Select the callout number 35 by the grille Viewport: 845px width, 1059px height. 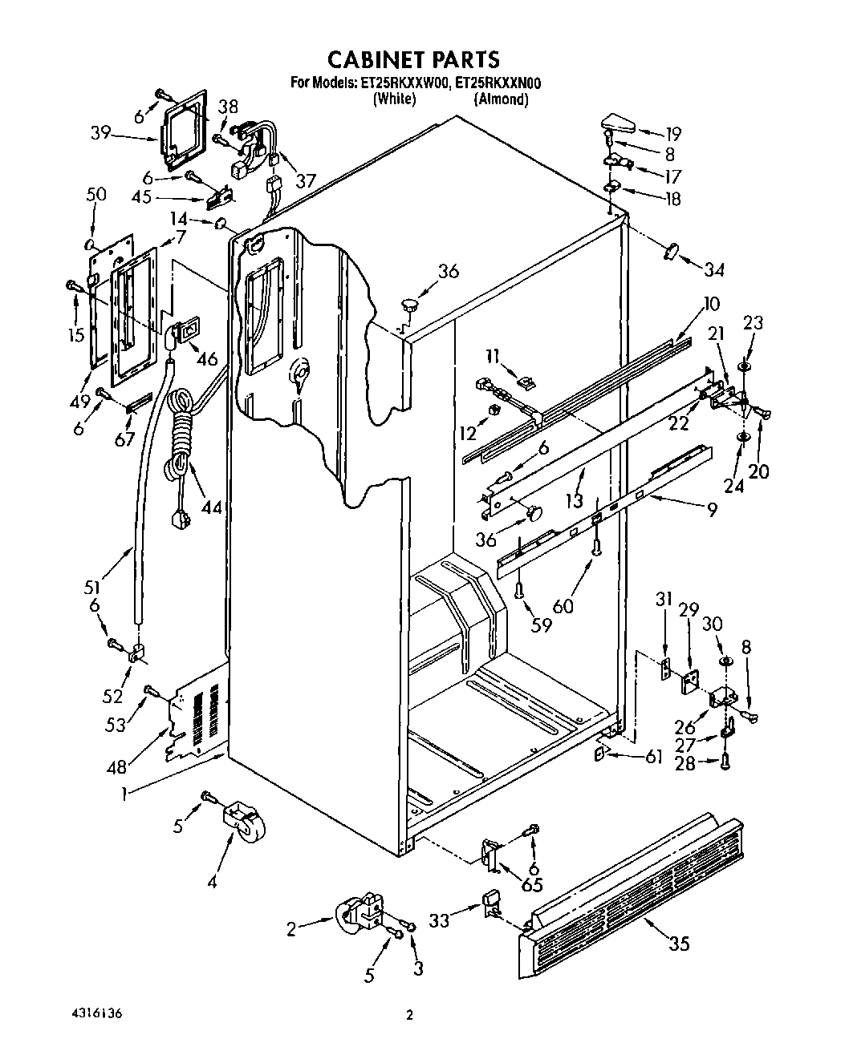(680, 944)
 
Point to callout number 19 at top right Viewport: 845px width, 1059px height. (672, 134)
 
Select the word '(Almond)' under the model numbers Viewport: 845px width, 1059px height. (502, 99)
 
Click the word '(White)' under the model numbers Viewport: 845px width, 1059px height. (393, 99)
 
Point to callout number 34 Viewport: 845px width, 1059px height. (713, 269)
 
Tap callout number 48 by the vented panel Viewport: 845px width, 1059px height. (117, 767)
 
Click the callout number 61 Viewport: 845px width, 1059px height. (654, 755)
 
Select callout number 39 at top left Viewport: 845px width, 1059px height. (100, 133)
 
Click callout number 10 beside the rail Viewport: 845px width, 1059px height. (711, 304)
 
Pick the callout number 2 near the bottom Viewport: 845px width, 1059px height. (292, 929)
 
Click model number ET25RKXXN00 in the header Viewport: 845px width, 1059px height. (498, 82)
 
